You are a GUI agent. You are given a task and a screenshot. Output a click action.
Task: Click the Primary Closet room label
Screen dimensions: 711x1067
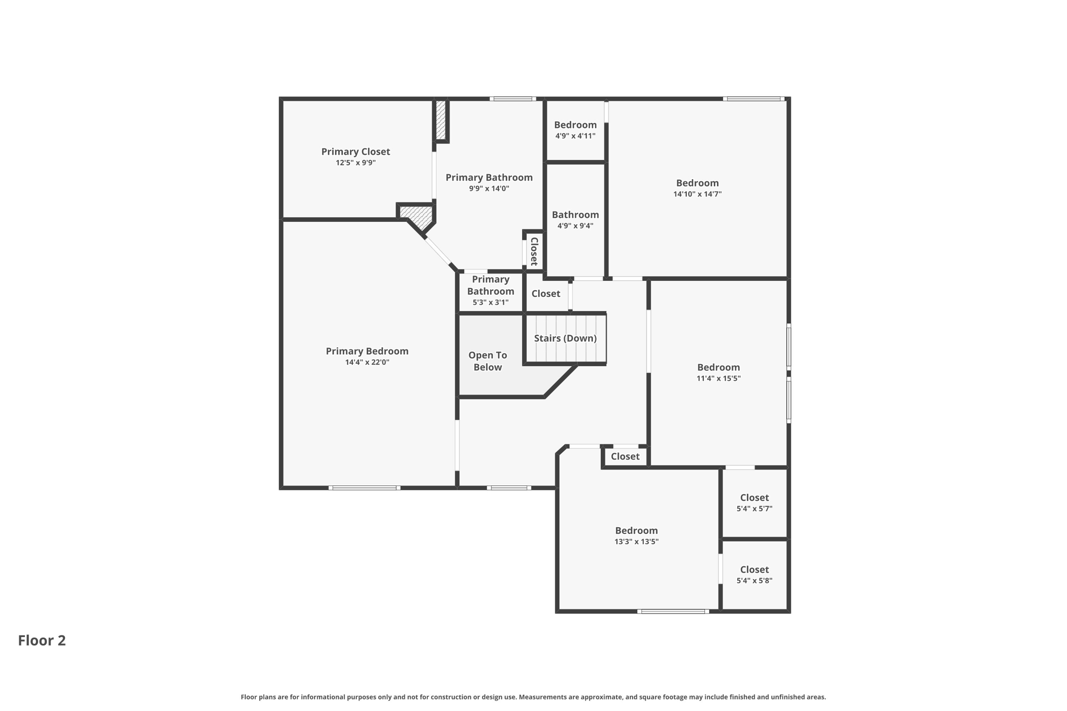tap(355, 152)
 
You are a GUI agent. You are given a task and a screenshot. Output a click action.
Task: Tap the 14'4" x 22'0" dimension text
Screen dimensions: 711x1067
tap(367, 363)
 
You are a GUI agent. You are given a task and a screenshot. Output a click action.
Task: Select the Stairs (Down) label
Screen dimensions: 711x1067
tap(565, 338)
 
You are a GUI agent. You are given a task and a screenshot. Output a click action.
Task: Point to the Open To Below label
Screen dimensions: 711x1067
tap(487, 361)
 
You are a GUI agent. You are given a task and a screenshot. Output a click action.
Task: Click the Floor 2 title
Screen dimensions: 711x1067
tap(42, 640)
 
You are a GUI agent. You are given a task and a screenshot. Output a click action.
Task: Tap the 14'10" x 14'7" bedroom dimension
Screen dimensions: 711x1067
tap(697, 194)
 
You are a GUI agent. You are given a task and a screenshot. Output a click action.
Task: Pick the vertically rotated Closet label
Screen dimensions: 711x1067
tap(534, 251)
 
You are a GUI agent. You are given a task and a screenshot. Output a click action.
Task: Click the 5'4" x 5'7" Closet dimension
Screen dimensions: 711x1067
tap(754, 509)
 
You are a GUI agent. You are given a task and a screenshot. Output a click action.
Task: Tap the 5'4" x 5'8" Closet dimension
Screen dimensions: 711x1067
tap(754, 581)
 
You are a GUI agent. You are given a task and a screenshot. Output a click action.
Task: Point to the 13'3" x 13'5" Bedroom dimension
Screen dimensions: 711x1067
tap(636, 542)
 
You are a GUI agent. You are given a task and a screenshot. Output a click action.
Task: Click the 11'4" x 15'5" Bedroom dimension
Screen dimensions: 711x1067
tap(718, 379)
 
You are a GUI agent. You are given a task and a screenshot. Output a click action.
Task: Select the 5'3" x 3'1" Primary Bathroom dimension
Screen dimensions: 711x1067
tap(490, 303)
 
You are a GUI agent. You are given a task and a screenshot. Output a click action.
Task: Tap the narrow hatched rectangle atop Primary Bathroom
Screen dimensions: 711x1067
tap(441, 120)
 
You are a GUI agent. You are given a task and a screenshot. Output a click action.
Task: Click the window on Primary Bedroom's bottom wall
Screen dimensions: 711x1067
tap(364, 488)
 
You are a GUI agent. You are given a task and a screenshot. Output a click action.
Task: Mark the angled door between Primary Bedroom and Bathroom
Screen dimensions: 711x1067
tap(439, 252)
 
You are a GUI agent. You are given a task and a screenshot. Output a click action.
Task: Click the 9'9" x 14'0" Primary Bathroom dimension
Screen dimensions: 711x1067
tap(489, 189)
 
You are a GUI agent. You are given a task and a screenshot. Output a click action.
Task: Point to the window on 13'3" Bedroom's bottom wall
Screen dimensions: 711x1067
tap(673, 612)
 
